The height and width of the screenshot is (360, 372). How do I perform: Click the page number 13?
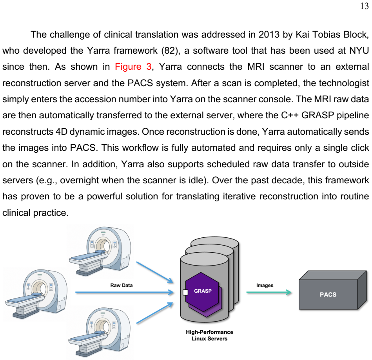365,6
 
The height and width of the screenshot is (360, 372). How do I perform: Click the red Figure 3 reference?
133,67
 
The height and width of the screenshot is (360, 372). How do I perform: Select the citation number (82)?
169,51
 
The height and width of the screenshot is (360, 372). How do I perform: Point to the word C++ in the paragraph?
290,115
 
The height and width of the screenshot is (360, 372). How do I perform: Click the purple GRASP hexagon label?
203,291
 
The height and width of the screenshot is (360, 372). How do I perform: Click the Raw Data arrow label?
122,285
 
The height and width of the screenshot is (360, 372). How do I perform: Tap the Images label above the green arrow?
265,285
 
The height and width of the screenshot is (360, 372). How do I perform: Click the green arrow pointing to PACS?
269,292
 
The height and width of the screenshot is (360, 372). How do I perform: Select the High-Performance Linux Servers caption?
209,335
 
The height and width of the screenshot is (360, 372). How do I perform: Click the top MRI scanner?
100,251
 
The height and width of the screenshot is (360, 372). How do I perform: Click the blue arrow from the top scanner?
155,272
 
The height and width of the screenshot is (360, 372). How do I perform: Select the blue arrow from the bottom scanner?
155,313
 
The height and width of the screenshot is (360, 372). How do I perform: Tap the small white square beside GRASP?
185,292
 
